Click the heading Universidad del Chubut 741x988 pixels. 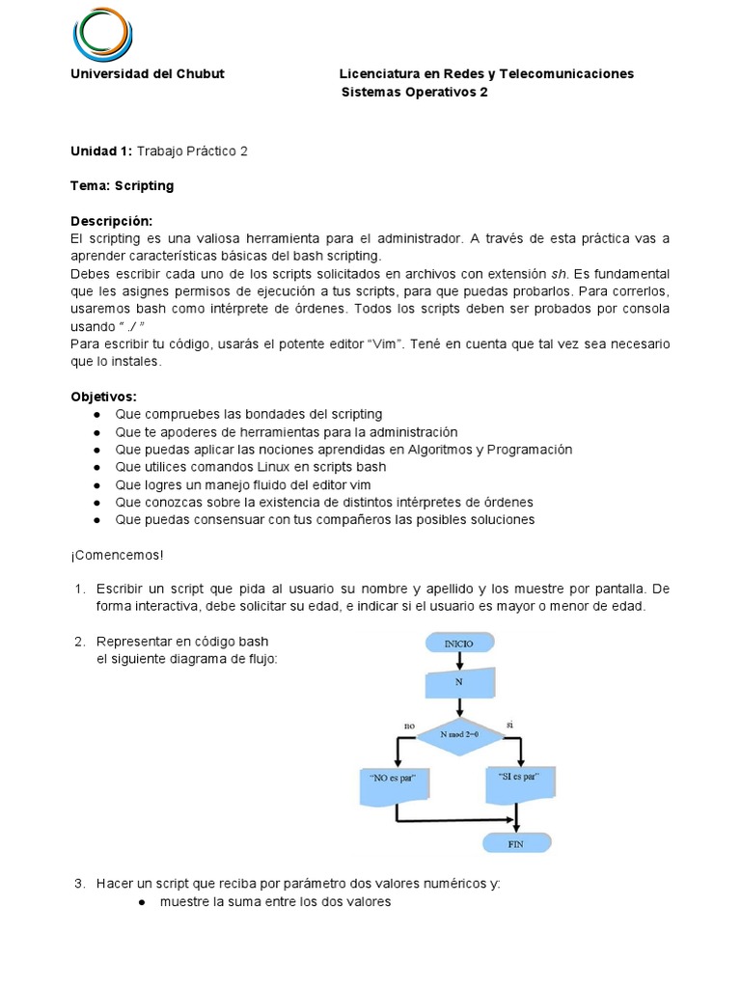(148, 74)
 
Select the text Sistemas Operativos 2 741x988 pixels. (415, 93)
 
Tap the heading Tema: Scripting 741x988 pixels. (123, 185)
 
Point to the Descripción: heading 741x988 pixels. (112, 220)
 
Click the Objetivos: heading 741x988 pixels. (104, 397)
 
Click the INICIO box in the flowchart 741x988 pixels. (459, 644)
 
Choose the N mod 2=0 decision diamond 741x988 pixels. (459, 735)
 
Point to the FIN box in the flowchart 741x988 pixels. (516, 841)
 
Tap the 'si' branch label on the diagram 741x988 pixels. (508, 723)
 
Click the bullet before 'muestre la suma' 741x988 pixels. (141, 902)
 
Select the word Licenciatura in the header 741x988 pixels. (378, 74)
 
